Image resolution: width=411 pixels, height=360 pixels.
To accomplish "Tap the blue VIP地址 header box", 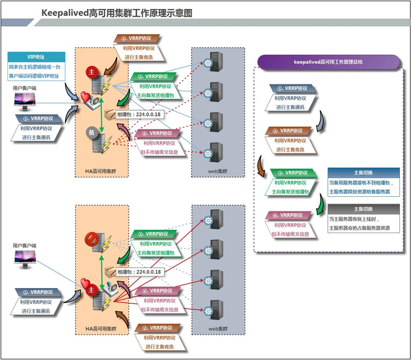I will tap(36, 56).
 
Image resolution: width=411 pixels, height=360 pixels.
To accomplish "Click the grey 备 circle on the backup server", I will tap(90, 131).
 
